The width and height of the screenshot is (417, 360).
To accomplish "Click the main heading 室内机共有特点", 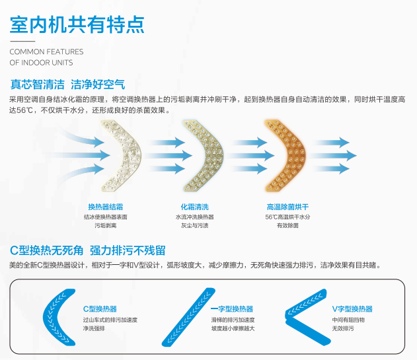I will [77, 24].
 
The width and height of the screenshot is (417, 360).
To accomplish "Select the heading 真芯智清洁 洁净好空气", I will [67, 85].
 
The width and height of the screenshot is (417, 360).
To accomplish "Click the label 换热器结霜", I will [105, 206].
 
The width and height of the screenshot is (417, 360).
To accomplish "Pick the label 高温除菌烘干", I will [287, 206].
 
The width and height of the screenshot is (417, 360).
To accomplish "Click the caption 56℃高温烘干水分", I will [287, 216].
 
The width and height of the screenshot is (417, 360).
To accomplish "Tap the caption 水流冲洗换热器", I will [194, 216].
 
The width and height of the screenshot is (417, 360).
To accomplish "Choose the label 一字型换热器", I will [231, 308].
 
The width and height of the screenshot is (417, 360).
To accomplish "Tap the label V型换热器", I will [352, 308].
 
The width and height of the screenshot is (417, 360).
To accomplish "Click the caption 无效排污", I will [343, 328].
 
